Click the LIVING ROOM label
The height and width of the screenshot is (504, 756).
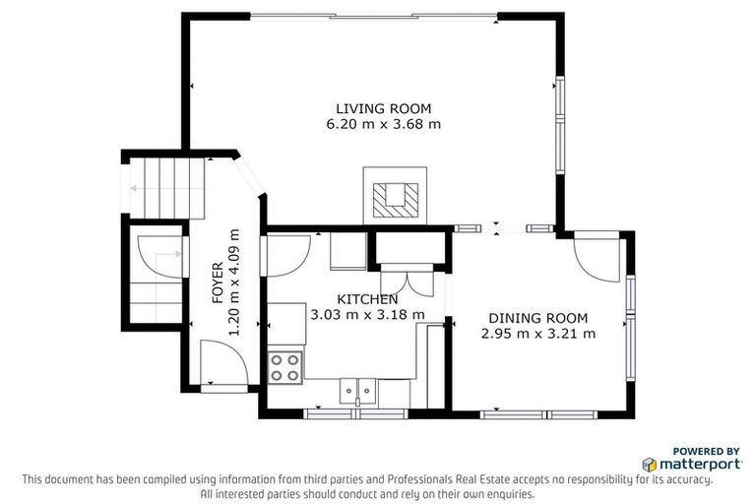383,108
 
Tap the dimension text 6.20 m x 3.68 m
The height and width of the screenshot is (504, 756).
383,124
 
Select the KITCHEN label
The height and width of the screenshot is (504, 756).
367,299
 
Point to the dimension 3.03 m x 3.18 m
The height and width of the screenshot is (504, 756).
367,315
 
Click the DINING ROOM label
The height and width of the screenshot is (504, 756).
537,318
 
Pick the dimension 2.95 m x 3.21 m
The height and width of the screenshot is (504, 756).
537,334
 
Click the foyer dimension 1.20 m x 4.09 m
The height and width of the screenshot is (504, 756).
234,283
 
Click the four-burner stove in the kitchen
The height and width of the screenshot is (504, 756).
285,367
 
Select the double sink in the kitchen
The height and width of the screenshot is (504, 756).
356,392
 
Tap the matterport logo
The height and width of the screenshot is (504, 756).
687,463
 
